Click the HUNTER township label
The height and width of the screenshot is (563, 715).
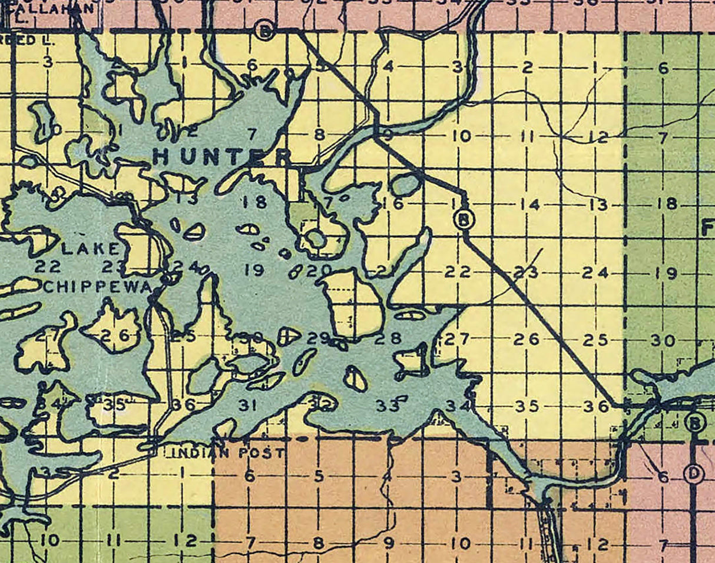pos(222,156)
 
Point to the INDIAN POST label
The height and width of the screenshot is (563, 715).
pos(227,453)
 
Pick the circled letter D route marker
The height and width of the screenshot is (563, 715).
pos(695,474)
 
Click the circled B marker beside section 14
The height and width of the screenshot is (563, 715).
pos(465,219)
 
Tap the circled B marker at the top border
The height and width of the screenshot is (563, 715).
pos(265,31)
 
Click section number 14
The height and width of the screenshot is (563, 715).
pos(531,205)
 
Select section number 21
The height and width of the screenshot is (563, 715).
pos(383,271)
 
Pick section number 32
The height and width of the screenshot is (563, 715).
pos(320,404)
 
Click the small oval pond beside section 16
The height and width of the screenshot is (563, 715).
pos(406,185)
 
